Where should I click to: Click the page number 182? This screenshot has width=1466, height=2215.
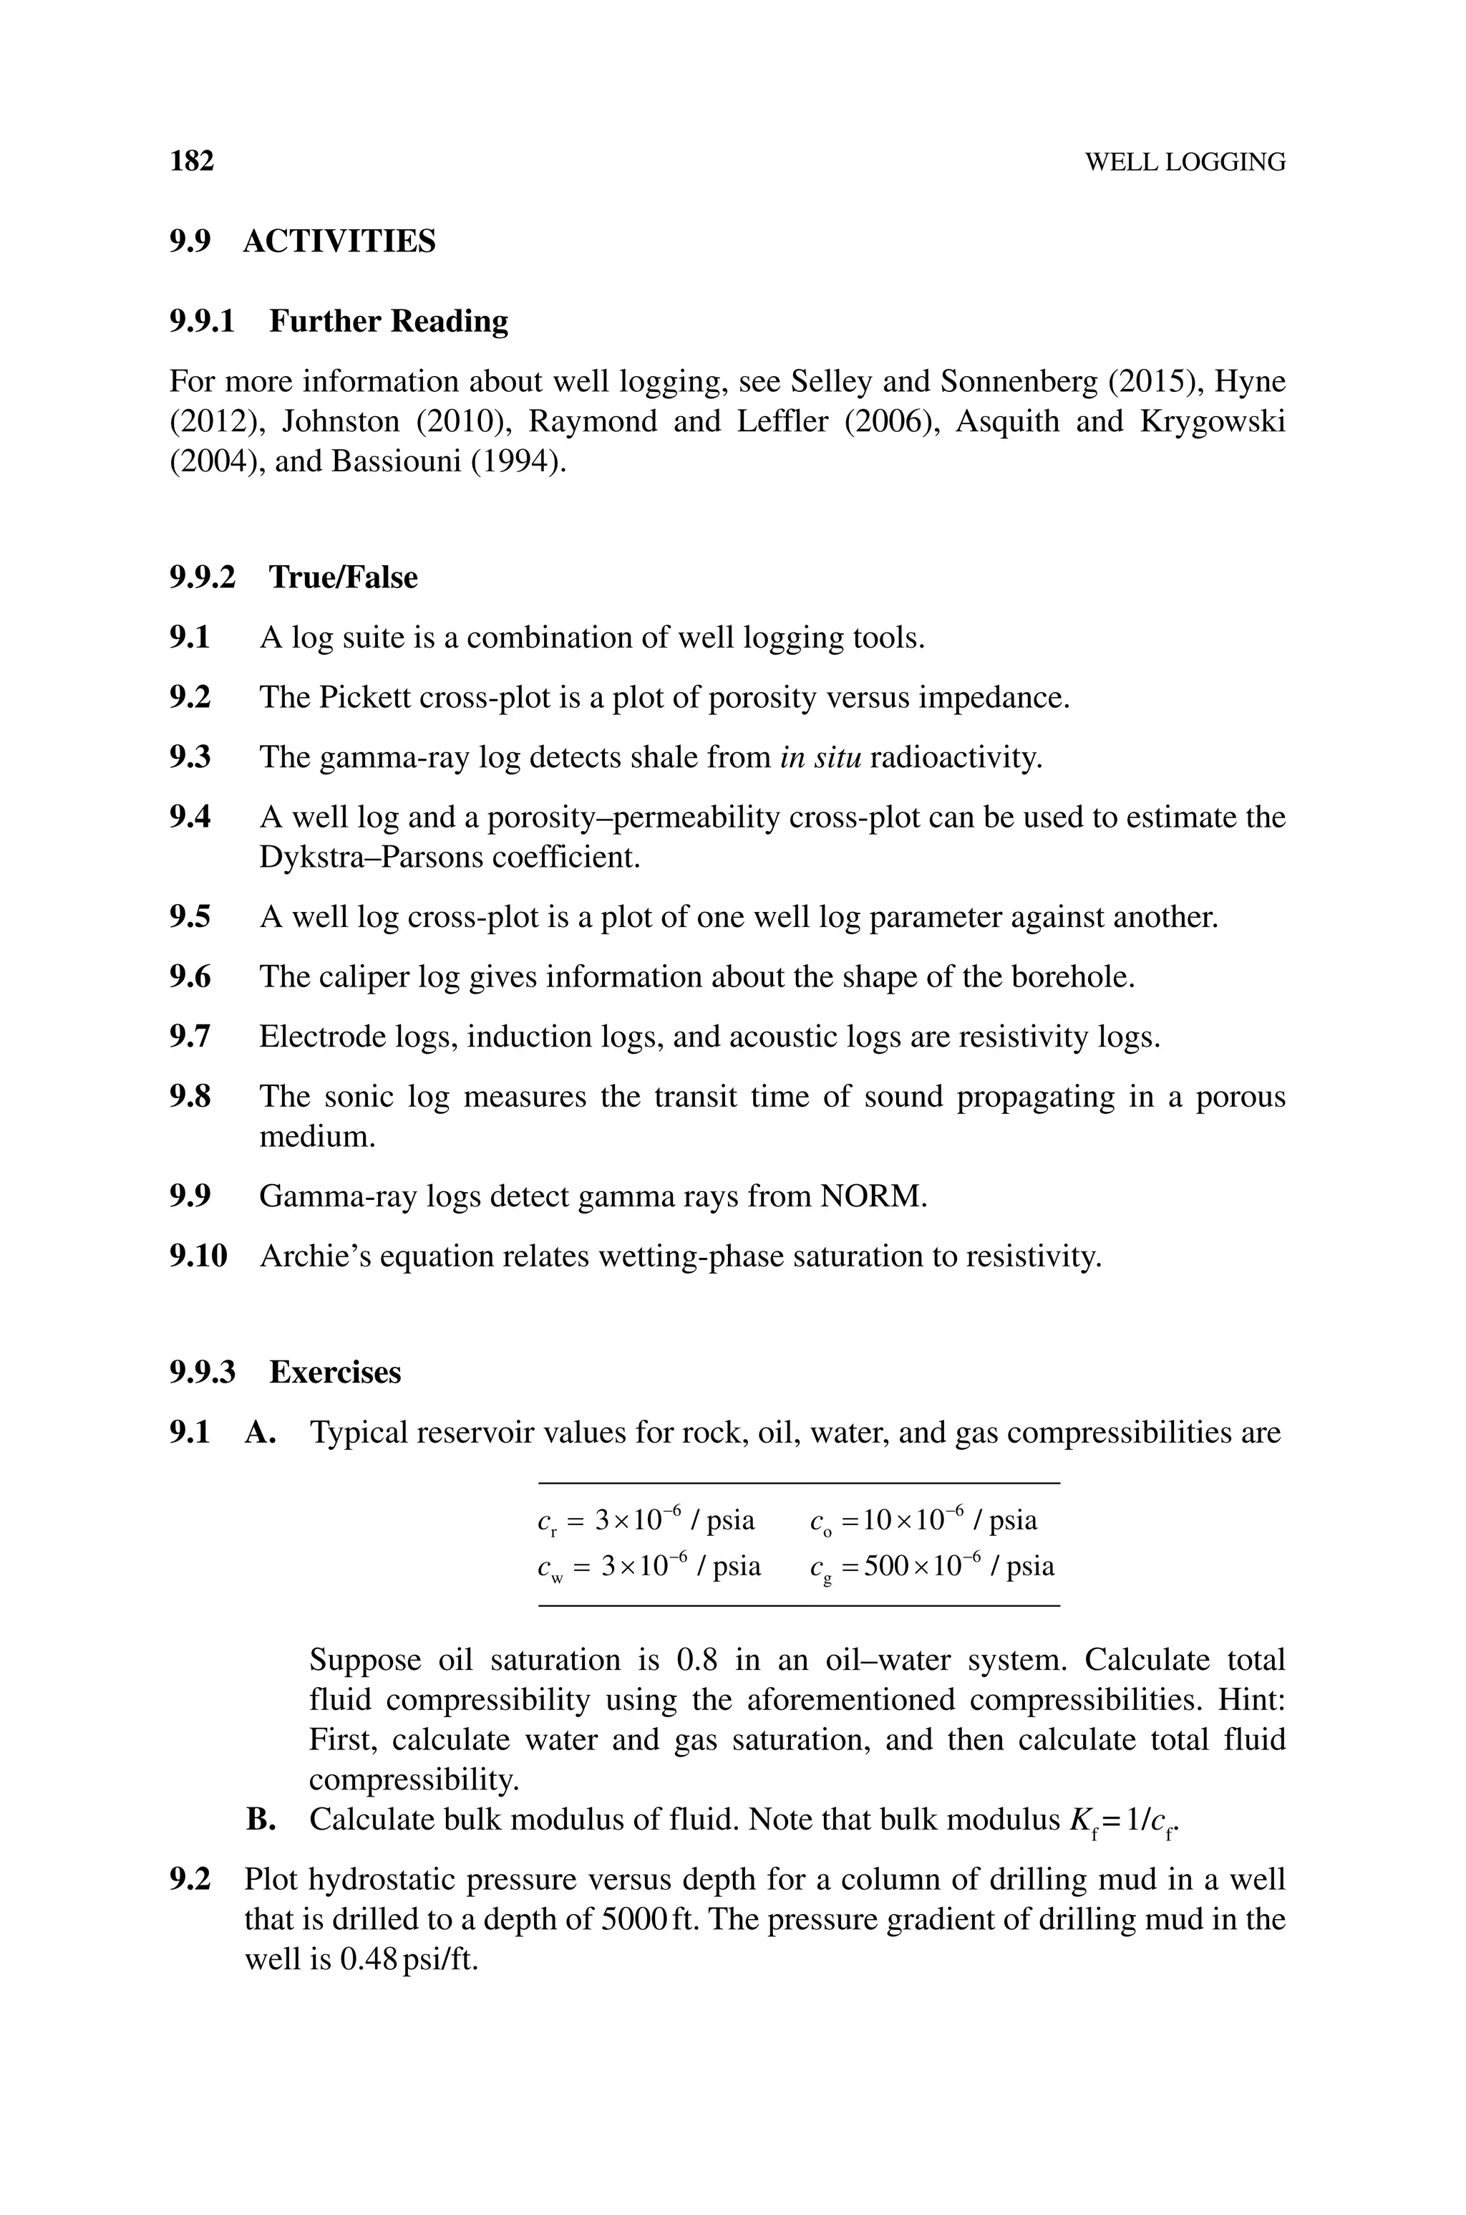[192, 161]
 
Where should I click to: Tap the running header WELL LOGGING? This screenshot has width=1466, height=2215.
[1185, 163]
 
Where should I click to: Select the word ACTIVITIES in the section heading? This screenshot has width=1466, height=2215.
[339, 241]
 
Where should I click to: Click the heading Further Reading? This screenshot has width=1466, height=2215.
[388, 321]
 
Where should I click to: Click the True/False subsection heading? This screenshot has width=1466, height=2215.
[342, 577]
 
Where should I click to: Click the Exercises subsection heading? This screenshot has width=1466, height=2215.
[335, 1373]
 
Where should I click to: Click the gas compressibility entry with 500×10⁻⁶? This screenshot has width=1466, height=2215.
[932, 1566]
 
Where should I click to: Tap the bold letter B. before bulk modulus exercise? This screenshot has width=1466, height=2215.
[260, 1820]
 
